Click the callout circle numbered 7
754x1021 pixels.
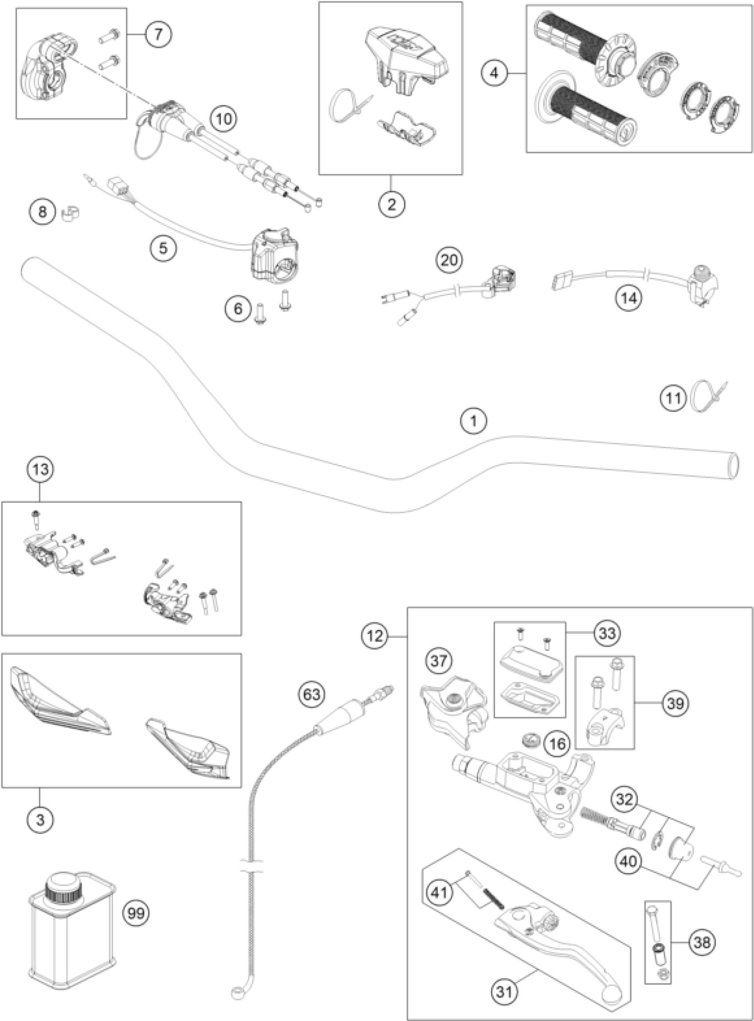click(x=158, y=34)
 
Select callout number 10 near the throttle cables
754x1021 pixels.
click(x=224, y=119)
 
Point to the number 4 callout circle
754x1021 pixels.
click(x=495, y=73)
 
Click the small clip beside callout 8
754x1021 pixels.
click(x=70, y=213)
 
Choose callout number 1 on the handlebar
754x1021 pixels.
click(x=474, y=421)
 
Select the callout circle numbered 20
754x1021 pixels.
click(x=449, y=260)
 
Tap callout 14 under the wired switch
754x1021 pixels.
click(x=628, y=298)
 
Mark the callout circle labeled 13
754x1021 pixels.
click(x=40, y=469)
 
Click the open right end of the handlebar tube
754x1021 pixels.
click(x=732, y=466)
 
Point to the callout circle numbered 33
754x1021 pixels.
click(x=607, y=633)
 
